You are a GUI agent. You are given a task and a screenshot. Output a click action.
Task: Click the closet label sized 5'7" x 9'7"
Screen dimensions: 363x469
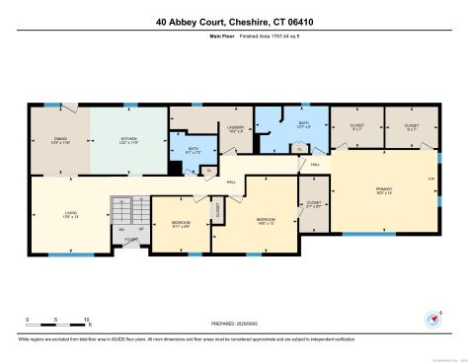tap(314, 204)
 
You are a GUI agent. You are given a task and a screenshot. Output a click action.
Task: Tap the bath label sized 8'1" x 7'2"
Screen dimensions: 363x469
tap(194, 150)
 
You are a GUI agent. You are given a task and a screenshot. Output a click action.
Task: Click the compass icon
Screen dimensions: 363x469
tap(431, 319)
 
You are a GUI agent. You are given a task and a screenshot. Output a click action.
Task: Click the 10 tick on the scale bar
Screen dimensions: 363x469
tap(87, 321)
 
